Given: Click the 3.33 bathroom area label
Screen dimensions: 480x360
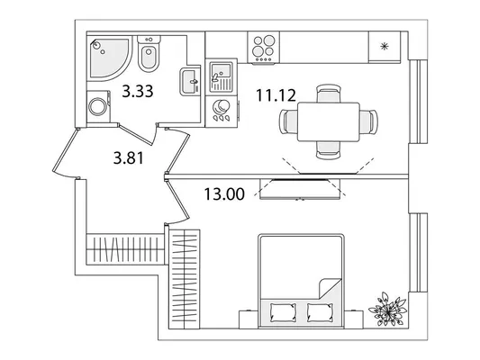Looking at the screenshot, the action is pos(138,91).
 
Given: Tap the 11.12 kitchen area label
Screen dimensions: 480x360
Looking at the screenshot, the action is pos(276,95).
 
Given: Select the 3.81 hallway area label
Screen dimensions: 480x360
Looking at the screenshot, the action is pos(129,158).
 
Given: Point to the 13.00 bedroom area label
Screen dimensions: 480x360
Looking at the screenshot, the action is pos(224,193).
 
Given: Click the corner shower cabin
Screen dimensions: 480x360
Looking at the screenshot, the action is pos(110,58).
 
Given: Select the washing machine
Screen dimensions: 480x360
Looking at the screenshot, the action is pos(98,106).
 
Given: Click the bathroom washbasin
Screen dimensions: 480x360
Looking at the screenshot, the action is pos(190,82).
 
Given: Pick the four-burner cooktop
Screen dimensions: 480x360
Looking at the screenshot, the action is pos(265,48).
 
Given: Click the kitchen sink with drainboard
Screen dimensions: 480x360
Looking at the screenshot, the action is pos(222,76).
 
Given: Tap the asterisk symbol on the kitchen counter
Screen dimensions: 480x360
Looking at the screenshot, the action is pos(384,47).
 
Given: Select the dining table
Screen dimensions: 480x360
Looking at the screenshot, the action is pos(329,122).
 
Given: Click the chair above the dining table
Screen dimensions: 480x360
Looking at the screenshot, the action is pos(328,94).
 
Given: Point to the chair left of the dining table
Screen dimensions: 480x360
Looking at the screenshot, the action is pos(288,121).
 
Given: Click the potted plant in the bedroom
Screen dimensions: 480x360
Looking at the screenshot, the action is pos(388,310).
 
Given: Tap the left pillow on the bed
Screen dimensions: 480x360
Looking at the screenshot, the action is pos(284,312).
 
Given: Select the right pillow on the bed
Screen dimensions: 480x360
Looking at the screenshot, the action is pos(321,312).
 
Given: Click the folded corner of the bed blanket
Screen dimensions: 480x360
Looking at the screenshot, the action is pos(330,288).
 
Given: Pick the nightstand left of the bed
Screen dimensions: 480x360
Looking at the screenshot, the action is pos(249,319).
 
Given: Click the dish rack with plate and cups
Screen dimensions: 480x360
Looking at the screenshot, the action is pos(222,111).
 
